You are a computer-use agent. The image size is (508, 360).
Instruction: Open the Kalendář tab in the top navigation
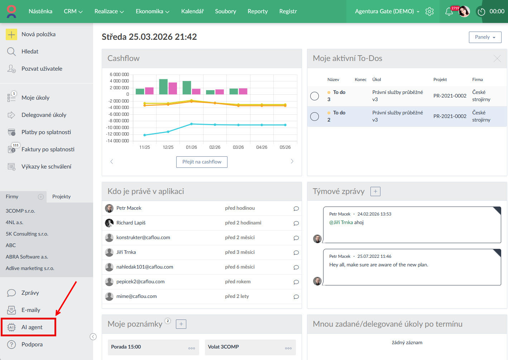pos(192,11)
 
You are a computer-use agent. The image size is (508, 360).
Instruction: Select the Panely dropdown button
pos(485,37)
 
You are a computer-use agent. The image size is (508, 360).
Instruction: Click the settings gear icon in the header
pos(429,11)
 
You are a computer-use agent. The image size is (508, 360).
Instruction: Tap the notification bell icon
pos(449,12)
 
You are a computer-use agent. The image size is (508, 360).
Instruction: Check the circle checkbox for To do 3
pos(315,96)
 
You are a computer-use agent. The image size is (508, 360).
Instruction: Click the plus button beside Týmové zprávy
pos(375,191)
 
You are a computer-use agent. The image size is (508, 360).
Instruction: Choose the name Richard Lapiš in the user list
pos(131,223)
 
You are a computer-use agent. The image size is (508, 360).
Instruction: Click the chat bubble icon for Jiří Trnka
pos(296,252)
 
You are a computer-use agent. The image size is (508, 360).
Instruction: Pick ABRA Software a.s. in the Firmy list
pos(27,257)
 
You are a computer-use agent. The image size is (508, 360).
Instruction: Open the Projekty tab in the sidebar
pos(61,196)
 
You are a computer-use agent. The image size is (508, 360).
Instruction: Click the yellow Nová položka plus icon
pos(11,34)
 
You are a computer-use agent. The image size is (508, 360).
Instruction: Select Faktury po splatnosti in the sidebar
pos(48,149)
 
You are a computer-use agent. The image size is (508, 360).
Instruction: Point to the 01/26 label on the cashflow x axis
pos(191,147)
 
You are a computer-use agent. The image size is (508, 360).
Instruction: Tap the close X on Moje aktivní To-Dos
pos(497,58)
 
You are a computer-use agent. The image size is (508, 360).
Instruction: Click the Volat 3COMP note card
pos(250,347)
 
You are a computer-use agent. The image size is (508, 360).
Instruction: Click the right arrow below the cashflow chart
pos(292,161)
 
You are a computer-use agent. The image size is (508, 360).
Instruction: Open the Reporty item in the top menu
pos(258,11)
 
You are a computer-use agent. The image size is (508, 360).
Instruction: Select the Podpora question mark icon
pos(11,344)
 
